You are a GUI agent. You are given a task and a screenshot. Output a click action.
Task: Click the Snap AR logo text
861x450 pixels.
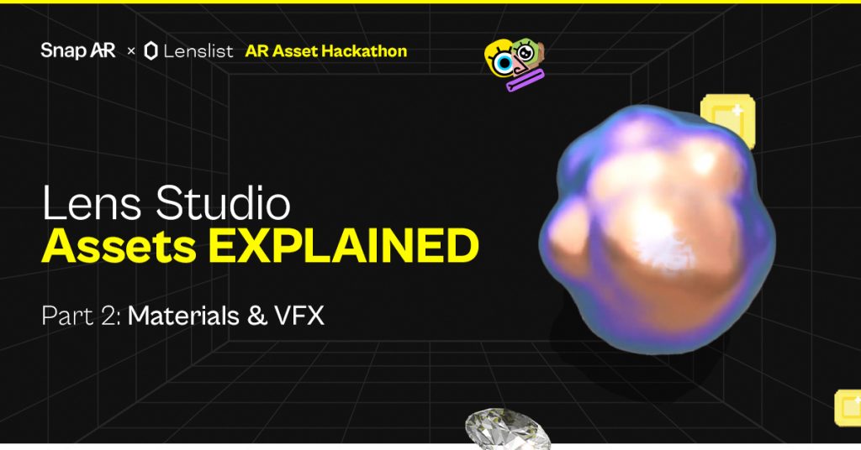[77, 51]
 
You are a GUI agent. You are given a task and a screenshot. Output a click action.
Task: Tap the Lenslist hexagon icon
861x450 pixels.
[151, 51]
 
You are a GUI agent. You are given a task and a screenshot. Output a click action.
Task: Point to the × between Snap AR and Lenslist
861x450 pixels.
[130, 52]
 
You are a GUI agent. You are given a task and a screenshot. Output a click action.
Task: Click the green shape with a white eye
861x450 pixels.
[527, 53]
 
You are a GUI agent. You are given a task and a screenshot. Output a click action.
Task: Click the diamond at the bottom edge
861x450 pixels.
[507, 429]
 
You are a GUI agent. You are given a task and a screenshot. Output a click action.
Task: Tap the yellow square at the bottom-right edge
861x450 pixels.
[848, 407]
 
